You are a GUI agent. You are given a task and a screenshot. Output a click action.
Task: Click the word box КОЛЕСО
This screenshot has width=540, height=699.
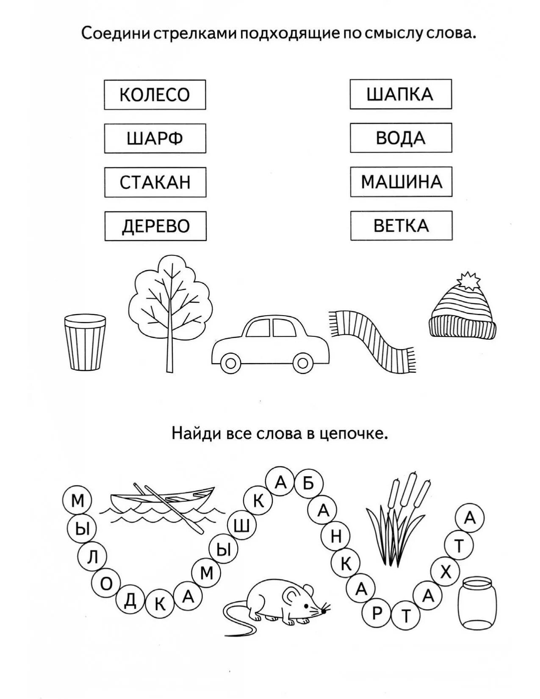click(155, 95)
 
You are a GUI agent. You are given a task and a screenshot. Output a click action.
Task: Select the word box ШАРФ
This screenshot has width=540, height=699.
click(155, 139)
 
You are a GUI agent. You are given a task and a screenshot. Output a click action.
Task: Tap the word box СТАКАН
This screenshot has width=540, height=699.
click(155, 182)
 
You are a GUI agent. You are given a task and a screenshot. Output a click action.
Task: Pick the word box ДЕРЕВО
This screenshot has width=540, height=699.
click(155, 226)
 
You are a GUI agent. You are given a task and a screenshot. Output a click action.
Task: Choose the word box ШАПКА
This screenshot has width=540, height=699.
click(400, 94)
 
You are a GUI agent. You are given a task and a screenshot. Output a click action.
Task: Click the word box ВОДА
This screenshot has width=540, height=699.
click(401, 138)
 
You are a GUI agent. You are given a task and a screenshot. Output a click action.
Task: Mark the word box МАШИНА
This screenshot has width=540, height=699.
click(401, 182)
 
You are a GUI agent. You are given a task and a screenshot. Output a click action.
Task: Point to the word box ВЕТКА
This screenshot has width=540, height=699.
click(401, 226)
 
